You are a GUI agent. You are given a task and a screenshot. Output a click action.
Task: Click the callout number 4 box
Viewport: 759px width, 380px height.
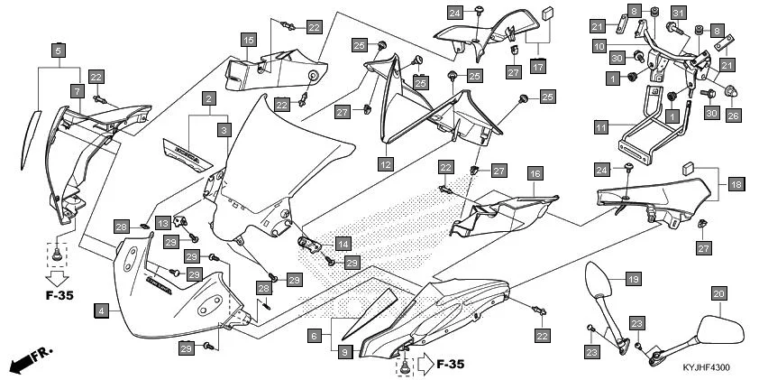(x=102, y=310)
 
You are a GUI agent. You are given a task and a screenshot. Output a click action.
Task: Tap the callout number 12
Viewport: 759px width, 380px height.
(x=385, y=165)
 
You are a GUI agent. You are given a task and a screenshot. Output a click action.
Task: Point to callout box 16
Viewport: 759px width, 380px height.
(x=534, y=173)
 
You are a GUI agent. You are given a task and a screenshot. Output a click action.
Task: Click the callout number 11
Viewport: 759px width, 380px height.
(x=600, y=129)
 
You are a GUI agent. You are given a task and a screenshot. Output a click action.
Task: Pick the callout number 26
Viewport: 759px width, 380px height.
(x=732, y=116)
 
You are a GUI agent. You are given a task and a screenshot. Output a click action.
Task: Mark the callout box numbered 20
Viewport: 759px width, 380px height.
(x=718, y=293)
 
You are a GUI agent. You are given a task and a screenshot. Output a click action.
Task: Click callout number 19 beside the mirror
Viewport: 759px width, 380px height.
(x=633, y=280)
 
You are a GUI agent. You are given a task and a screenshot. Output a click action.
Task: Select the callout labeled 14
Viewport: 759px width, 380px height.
(x=343, y=244)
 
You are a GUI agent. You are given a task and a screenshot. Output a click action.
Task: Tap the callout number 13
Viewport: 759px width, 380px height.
(x=163, y=222)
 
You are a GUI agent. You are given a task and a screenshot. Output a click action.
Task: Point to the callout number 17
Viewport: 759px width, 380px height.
(x=538, y=66)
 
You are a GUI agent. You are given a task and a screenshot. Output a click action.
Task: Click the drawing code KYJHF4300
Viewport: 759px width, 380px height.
(x=706, y=368)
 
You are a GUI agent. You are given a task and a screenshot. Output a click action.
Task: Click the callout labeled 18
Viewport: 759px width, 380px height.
(x=736, y=184)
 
